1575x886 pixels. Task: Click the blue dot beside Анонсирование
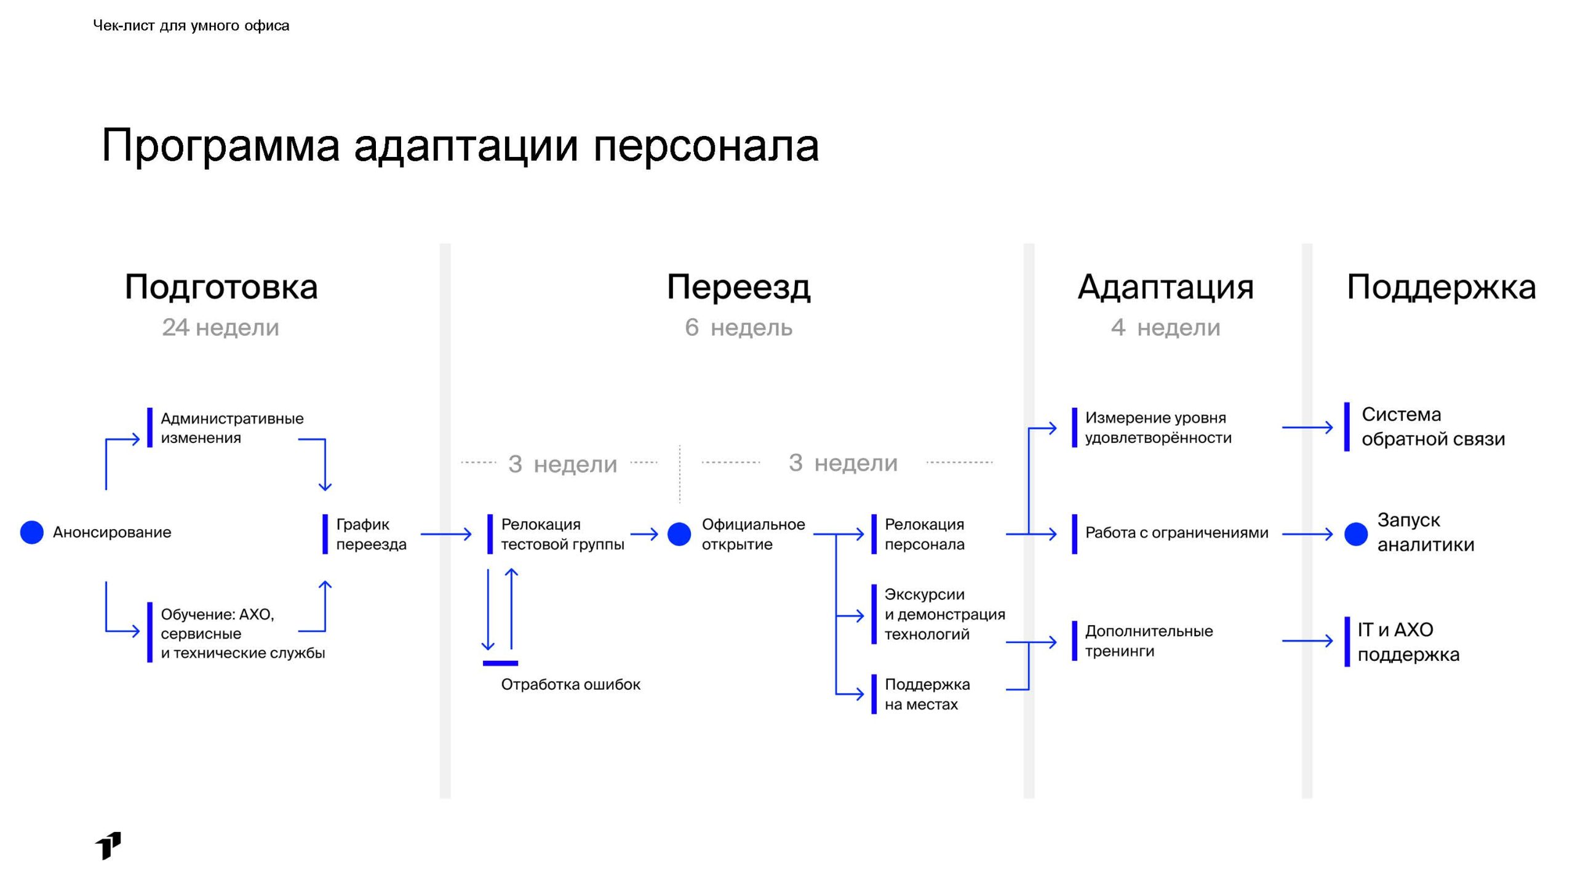coord(32,532)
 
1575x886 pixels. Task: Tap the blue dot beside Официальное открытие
coord(679,534)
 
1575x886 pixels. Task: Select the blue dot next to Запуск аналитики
coord(1356,534)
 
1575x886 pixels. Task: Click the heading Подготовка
coord(221,287)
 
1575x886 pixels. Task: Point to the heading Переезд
coord(738,287)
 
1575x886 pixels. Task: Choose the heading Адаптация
coord(1165,287)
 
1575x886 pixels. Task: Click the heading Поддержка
coord(1441,287)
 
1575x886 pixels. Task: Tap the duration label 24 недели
coord(220,327)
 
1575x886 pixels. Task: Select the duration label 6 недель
coord(738,327)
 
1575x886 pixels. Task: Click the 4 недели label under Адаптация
coord(1165,327)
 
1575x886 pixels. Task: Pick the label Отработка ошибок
coord(570,684)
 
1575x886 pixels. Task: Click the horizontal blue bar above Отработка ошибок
coord(500,663)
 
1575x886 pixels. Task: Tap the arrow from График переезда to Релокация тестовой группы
coord(445,534)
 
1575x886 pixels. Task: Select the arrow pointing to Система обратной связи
coord(1307,427)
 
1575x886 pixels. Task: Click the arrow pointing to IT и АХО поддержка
coord(1307,641)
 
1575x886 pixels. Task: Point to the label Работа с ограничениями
coord(1176,533)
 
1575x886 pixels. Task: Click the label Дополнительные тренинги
coord(1149,641)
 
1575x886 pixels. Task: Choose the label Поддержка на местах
coord(927,694)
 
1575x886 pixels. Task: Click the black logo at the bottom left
coord(108,845)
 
